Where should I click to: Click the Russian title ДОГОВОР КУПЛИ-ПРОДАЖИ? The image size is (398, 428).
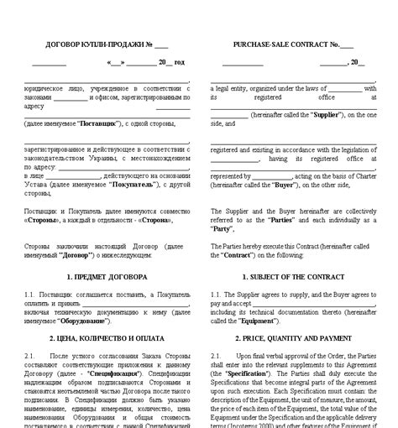pyautogui.click(x=83, y=44)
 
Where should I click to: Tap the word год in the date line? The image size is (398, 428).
pyautogui.click(x=179, y=62)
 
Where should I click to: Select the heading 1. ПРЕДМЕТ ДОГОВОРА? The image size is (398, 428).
pyautogui.click(x=106, y=276)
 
